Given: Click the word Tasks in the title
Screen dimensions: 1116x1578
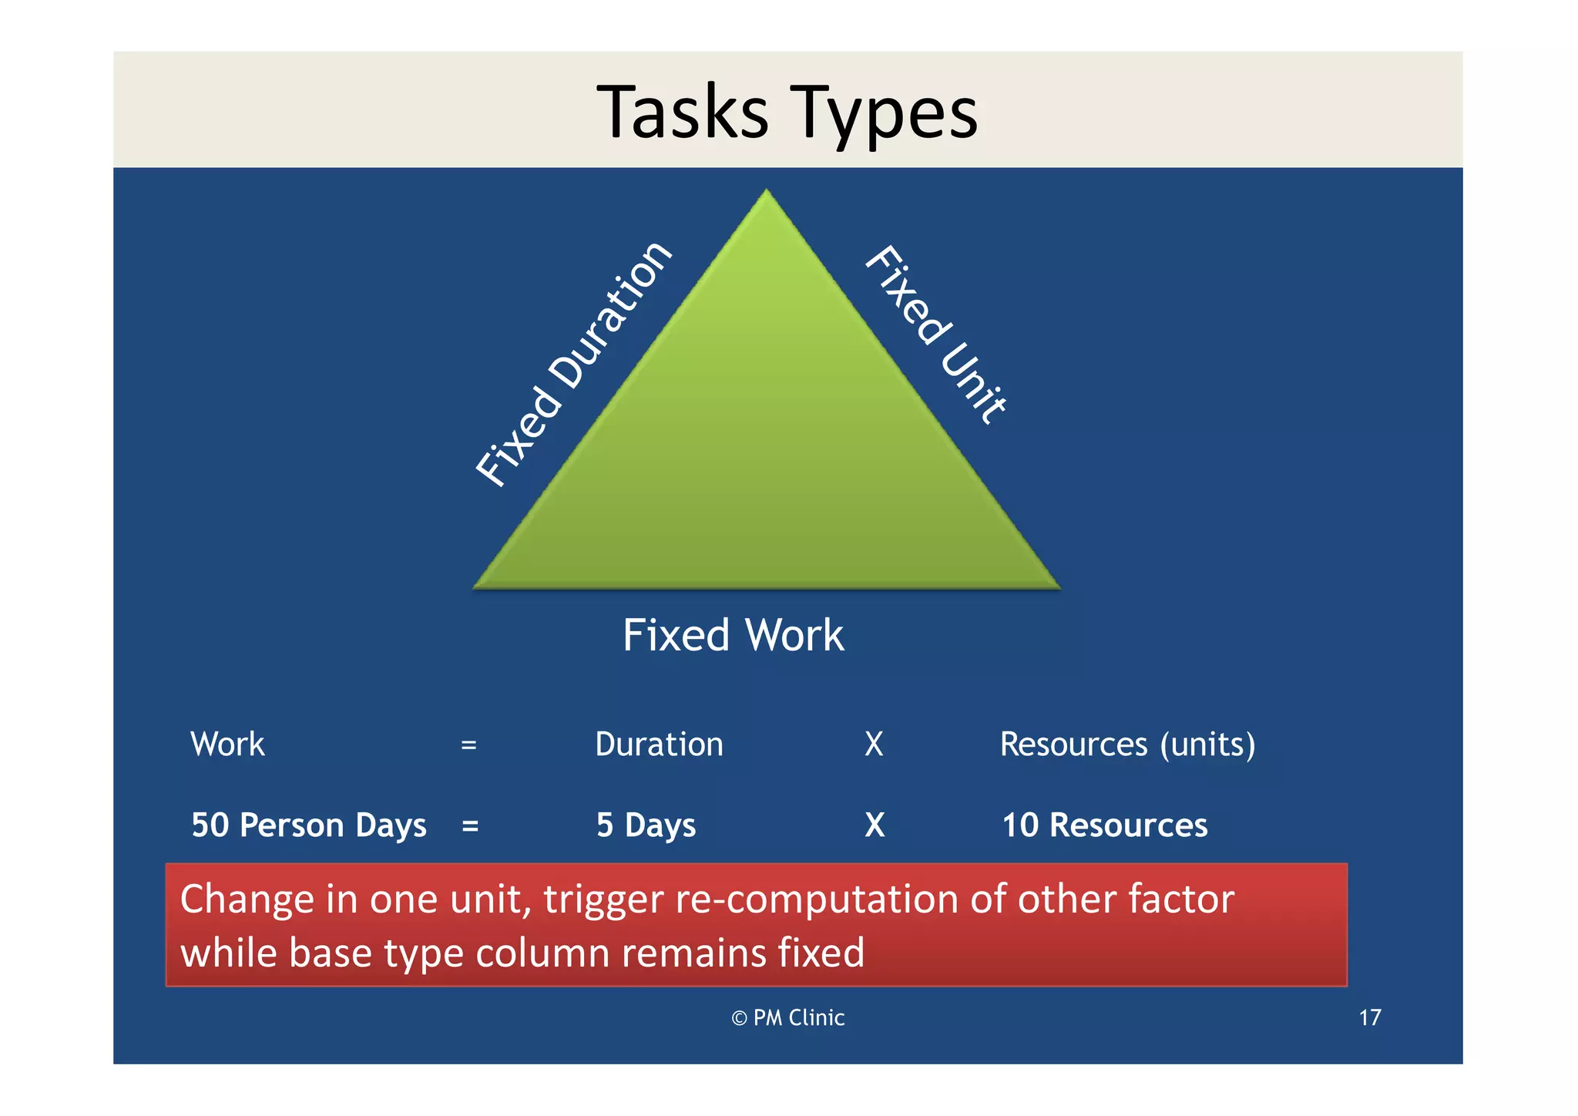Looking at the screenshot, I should (683, 113).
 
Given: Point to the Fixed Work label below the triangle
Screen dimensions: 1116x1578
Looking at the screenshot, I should (733, 635).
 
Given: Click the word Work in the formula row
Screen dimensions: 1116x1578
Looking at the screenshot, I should (227, 745).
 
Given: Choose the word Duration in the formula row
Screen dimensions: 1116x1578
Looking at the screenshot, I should (659, 745).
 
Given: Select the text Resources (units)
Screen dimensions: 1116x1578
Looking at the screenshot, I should (1127, 745).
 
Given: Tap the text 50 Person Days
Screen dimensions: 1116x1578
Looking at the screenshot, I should (308, 825).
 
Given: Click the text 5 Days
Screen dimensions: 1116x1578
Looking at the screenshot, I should (646, 825).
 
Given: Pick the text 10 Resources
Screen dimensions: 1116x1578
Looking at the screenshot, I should (1104, 825).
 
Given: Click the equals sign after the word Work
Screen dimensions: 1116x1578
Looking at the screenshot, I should (468, 745).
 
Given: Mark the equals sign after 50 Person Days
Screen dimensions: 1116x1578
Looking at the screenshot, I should (470, 826).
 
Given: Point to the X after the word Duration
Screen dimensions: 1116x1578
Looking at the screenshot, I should (874, 745).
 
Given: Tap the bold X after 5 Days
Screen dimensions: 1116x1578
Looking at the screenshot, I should (875, 825).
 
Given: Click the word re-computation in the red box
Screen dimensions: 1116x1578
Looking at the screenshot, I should (815, 899).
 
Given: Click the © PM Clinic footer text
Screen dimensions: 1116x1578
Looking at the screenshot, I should (787, 1018).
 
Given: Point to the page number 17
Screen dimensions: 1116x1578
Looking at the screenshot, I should (1369, 1018).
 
